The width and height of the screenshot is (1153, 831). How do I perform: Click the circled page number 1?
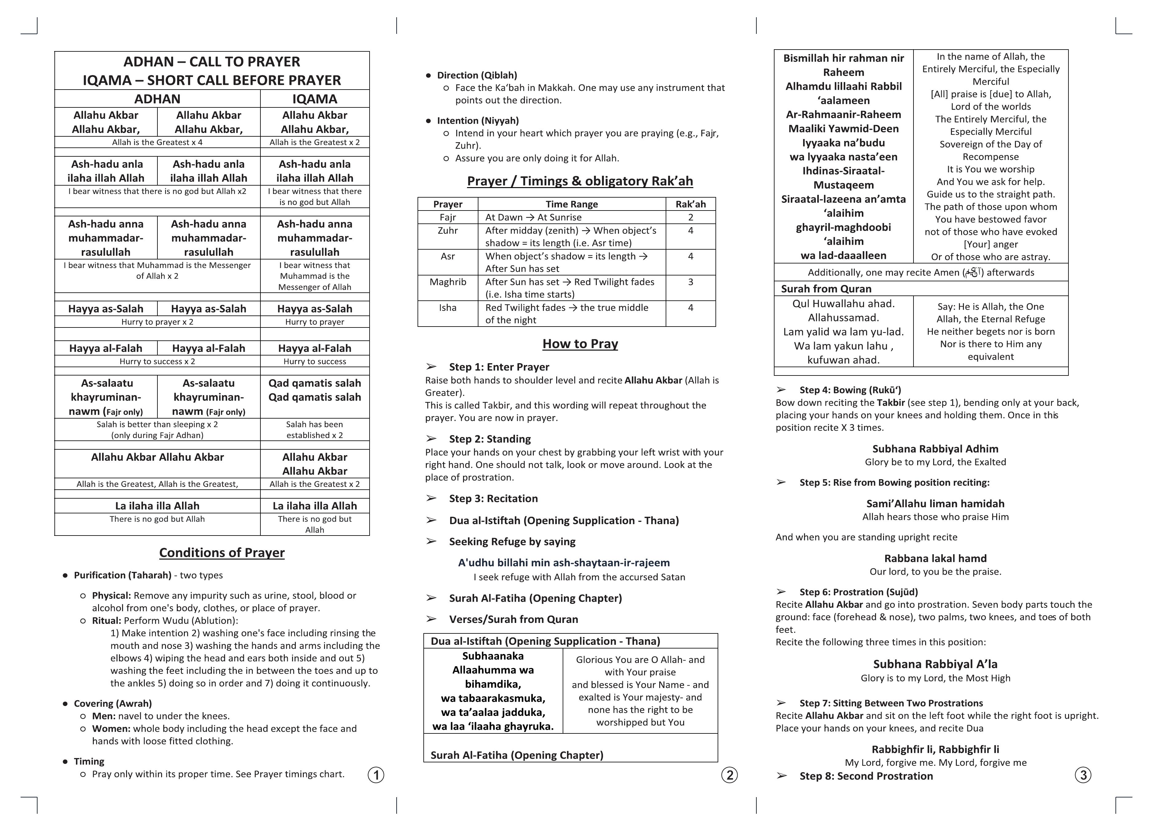pos(376,775)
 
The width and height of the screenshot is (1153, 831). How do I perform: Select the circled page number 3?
pos(1083,775)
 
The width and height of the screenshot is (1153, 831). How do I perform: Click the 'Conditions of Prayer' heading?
pos(222,553)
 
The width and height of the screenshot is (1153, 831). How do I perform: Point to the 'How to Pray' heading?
pos(580,344)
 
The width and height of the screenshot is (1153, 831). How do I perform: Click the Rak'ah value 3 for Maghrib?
pos(690,282)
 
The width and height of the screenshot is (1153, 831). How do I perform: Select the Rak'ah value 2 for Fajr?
pos(690,217)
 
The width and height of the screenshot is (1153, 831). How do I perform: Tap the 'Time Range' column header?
pos(571,204)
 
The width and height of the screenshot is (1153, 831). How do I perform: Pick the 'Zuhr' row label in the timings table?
pos(447,231)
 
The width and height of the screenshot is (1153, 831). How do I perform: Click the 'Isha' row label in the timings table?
pos(447,308)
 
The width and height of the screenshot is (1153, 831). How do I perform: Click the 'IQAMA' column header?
pos(315,99)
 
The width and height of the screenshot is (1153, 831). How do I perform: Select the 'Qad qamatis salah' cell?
pos(315,390)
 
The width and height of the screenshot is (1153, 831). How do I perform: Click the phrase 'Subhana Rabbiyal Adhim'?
pos(935,449)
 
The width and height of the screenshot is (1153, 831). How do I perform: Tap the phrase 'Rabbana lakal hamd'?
pos(935,558)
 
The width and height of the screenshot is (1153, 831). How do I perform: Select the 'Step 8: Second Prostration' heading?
pos(866,776)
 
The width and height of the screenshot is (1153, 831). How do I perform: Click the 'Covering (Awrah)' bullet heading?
pos(113,703)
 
